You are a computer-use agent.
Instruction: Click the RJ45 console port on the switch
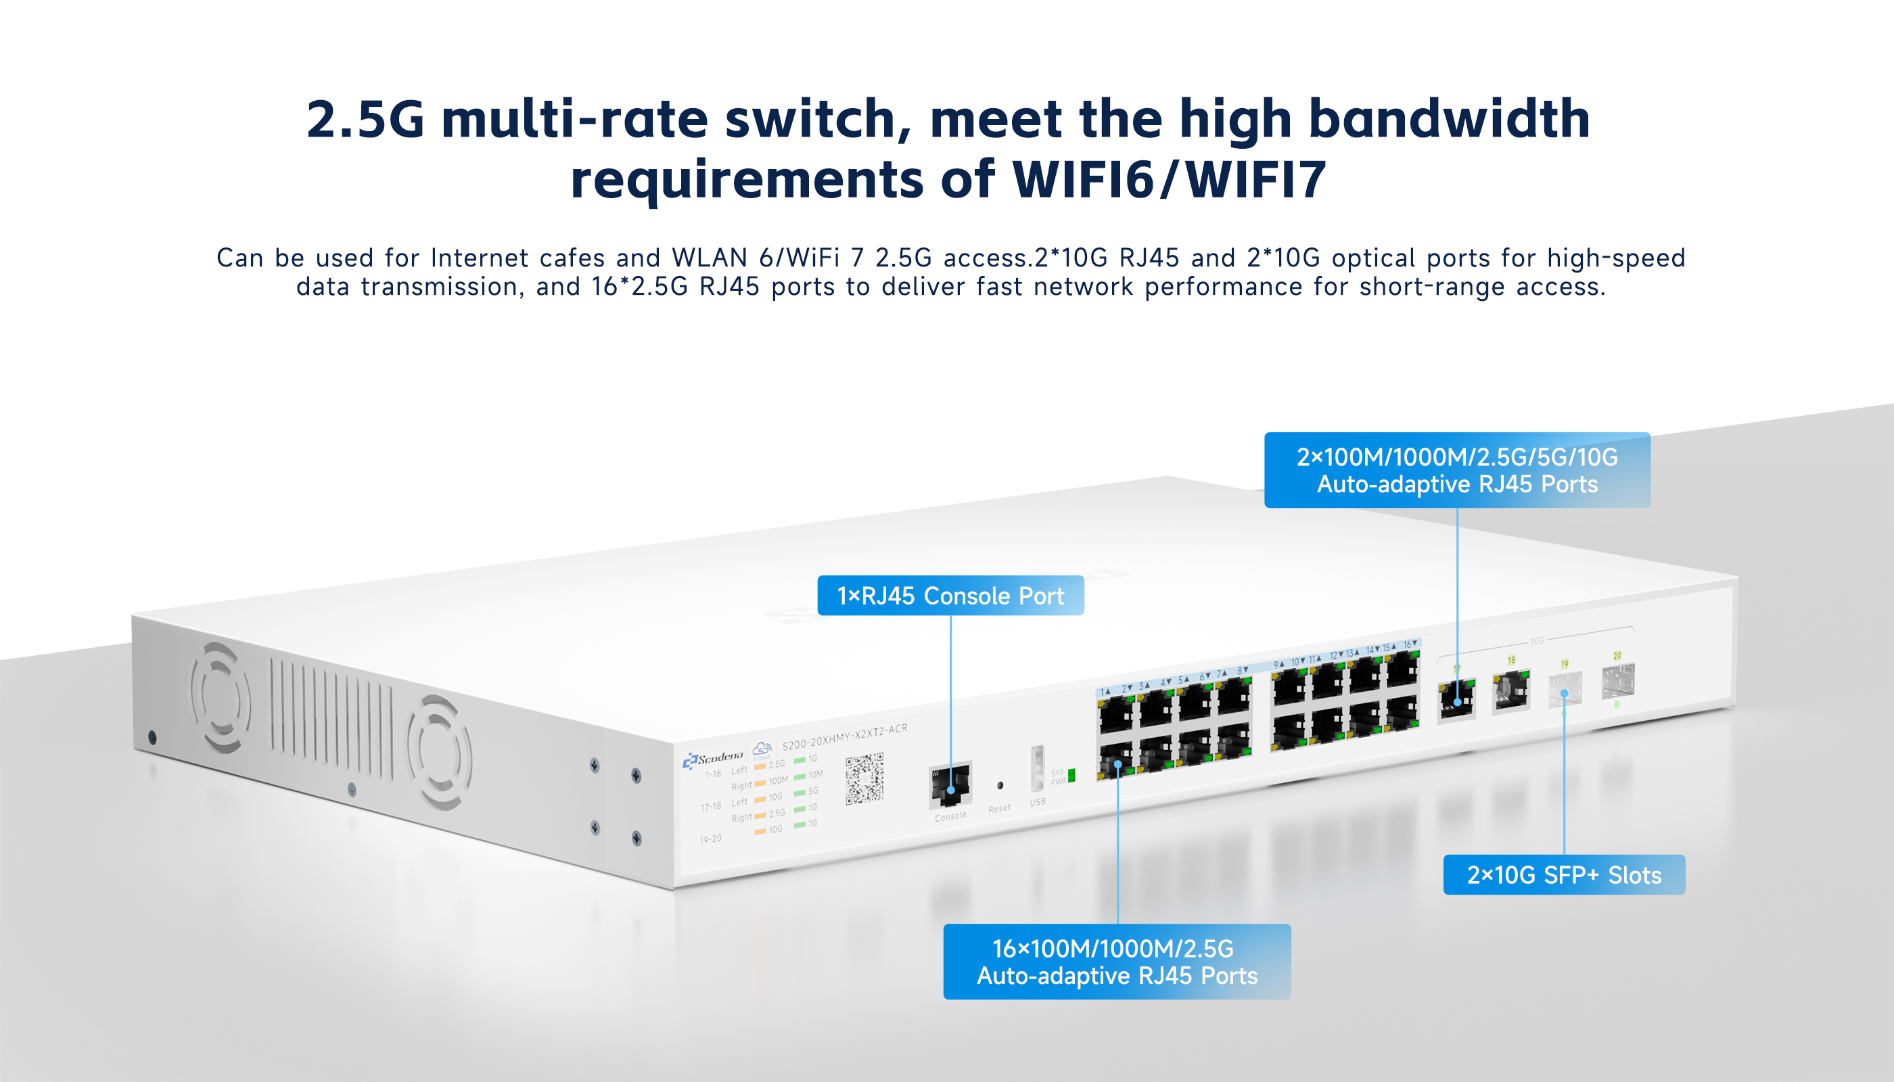950,784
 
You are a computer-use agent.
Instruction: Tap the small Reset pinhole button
1000,784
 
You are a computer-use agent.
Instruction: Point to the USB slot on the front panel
1038,769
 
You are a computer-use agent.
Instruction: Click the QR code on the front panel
864,778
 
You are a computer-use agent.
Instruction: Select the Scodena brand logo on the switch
713,758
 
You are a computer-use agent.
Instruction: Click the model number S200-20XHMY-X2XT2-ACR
844,736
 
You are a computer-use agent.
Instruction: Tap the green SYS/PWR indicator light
1071,776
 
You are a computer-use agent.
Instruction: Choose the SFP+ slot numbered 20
1617,682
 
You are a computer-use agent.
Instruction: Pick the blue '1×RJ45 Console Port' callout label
950,595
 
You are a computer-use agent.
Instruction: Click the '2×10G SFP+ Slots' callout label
1563,874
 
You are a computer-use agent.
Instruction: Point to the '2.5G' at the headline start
364,119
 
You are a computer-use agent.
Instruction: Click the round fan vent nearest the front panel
438,752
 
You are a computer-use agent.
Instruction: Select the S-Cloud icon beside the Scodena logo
762,749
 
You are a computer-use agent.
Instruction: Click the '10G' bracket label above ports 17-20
1538,640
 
